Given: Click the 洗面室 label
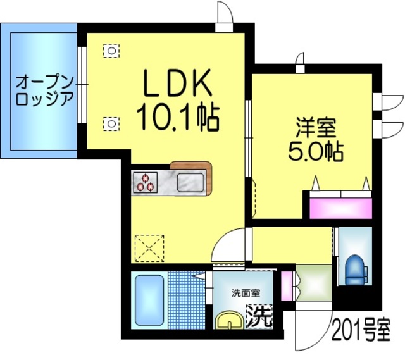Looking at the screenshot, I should click(x=244, y=294).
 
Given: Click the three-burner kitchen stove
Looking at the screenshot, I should click(x=145, y=182).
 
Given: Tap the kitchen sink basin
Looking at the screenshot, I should click(x=190, y=182).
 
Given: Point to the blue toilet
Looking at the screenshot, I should click(x=356, y=270).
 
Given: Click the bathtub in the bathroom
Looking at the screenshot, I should click(x=148, y=301).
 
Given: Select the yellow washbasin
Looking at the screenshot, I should click(x=230, y=321).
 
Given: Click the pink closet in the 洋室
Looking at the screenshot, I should click(x=340, y=207).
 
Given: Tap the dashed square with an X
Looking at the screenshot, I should click(x=149, y=248).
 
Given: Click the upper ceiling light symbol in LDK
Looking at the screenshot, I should click(x=111, y=50).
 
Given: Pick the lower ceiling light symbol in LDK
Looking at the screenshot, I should click(x=111, y=123).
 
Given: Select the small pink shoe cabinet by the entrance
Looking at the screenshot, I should click(x=286, y=286).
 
